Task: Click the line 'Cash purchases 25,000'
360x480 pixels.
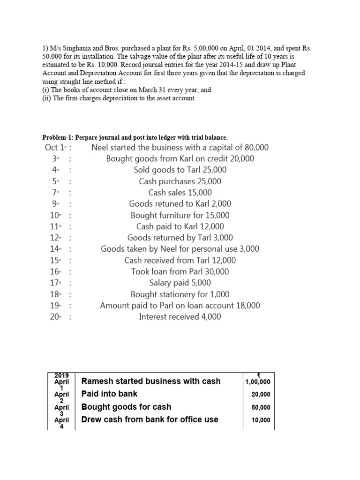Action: pyautogui.click(x=180, y=181)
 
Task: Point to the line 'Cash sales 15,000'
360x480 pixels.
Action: pyautogui.click(x=180, y=193)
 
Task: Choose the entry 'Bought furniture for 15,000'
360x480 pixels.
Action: pyautogui.click(x=180, y=216)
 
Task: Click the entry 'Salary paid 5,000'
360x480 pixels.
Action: pyautogui.click(x=180, y=283)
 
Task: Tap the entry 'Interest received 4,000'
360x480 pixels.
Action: pyautogui.click(x=180, y=317)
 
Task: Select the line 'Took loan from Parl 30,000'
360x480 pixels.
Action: pyautogui.click(x=180, y=271)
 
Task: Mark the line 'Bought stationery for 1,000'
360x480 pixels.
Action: pyautogui.click(x=180, y=294)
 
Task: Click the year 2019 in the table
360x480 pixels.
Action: pyautogui.click(x=61, y=375)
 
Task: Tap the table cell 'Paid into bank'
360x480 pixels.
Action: pyautogui.click(x=110, y=394)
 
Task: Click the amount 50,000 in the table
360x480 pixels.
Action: pyautogui.click(x=261, y=407)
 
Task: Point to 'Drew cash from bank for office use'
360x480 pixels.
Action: pyautogui.click(x=150, y=420)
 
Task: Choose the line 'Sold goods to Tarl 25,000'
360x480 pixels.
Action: pyautogui.click(x=180, y=170)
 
